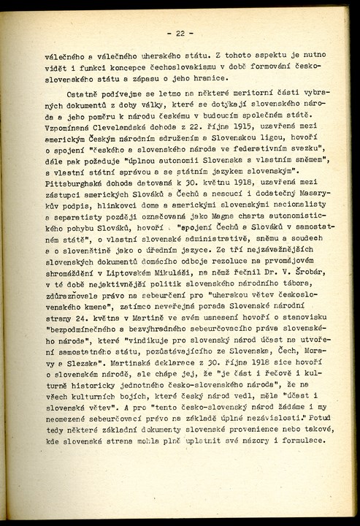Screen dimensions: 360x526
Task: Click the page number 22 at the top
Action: click(180, 33)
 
